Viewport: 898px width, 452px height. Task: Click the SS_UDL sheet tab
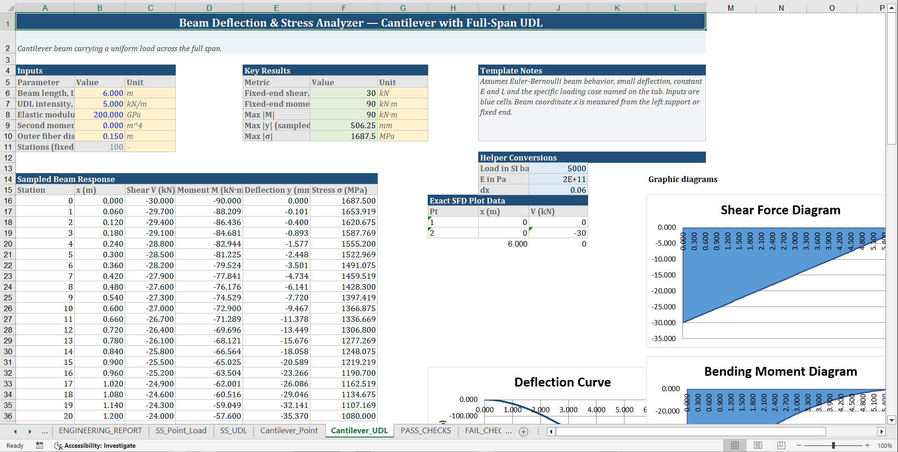click(x=233, y=430)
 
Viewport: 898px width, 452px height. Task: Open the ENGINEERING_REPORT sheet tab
click(x=101, y=430)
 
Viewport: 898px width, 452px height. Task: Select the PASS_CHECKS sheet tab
click(x=425, y=430)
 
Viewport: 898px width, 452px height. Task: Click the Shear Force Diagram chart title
click(x=780, y=210)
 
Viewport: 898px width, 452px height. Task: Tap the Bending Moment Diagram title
click(x=780, y=372)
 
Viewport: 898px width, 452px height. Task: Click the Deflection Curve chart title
click(x=562, y=382)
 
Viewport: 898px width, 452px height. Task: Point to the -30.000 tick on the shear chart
click(x=663, y=323)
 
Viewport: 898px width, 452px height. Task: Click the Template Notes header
click(x=511, y=71)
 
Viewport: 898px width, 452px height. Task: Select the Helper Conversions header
click(x=518, y=158)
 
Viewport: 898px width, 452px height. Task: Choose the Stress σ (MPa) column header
click(x=339, y=190)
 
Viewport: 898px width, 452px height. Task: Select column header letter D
click(x=209, y=8)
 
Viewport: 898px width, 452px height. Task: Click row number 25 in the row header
click(x=8, y=298)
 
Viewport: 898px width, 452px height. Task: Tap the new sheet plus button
click(x=524, y=431)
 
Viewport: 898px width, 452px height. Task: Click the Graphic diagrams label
click(x=682, y=179)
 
